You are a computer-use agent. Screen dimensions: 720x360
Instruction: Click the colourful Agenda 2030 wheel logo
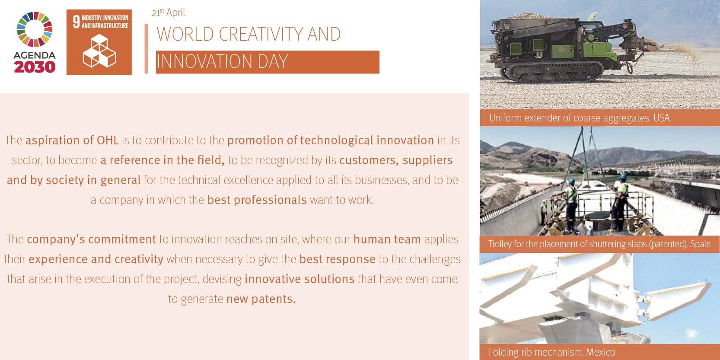pos(35,29)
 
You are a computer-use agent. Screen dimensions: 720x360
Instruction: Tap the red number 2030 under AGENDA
pos(35,67)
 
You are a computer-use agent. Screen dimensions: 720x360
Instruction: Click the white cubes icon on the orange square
pos(99,51)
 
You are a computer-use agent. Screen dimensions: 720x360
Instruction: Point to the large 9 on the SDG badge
pos(76,22)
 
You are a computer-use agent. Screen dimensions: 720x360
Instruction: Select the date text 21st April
pos(168,13)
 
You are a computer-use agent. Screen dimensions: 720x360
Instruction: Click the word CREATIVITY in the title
pos(261,34)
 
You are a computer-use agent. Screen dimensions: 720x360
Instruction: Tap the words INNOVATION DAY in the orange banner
pos(222,61)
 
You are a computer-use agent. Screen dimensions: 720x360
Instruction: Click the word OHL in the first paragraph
pos(108,140)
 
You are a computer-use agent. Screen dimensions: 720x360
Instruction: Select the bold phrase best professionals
pos(257,200)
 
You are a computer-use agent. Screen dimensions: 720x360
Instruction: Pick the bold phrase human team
pos(387,239)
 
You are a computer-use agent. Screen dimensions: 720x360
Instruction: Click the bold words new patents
pos(261,299)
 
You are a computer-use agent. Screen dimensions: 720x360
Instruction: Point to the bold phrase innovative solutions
pos(299,279)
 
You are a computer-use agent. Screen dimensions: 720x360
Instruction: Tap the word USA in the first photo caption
pos(662,118)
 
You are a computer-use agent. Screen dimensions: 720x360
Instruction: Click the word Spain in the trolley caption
pos(701,244)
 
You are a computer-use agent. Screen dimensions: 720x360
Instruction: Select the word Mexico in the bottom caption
pos(600,352)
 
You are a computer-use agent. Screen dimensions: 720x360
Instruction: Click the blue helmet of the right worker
pos(623,176)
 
